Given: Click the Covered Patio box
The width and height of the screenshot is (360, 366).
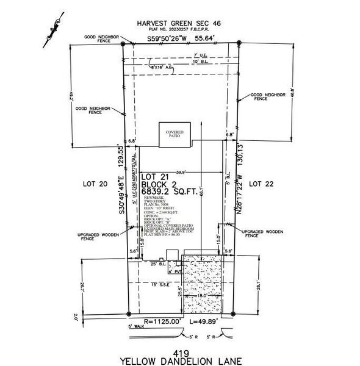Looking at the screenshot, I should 175,135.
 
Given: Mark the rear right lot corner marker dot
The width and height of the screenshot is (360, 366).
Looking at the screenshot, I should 237,43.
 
